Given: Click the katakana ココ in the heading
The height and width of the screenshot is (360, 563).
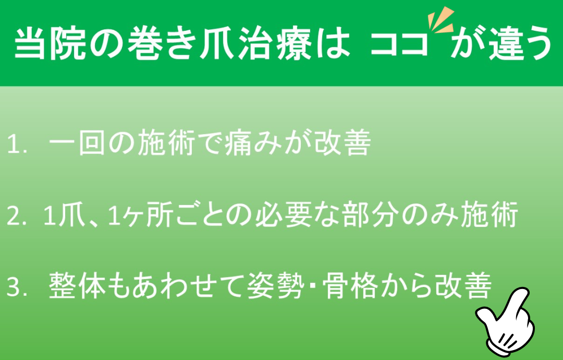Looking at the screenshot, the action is [x=399, y=44].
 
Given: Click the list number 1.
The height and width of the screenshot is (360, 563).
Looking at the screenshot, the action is [x=17, y=145].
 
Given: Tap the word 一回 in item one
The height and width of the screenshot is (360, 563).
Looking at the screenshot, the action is [x=78, y=143].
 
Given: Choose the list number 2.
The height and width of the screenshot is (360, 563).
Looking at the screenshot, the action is [x=17, y=217].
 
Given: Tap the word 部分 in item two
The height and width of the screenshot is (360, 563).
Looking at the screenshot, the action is [x=372, y=215].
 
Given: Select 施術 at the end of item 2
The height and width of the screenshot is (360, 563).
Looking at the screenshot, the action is [x=489, y=215].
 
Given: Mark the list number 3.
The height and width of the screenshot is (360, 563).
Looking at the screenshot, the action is [x=17, y=288].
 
